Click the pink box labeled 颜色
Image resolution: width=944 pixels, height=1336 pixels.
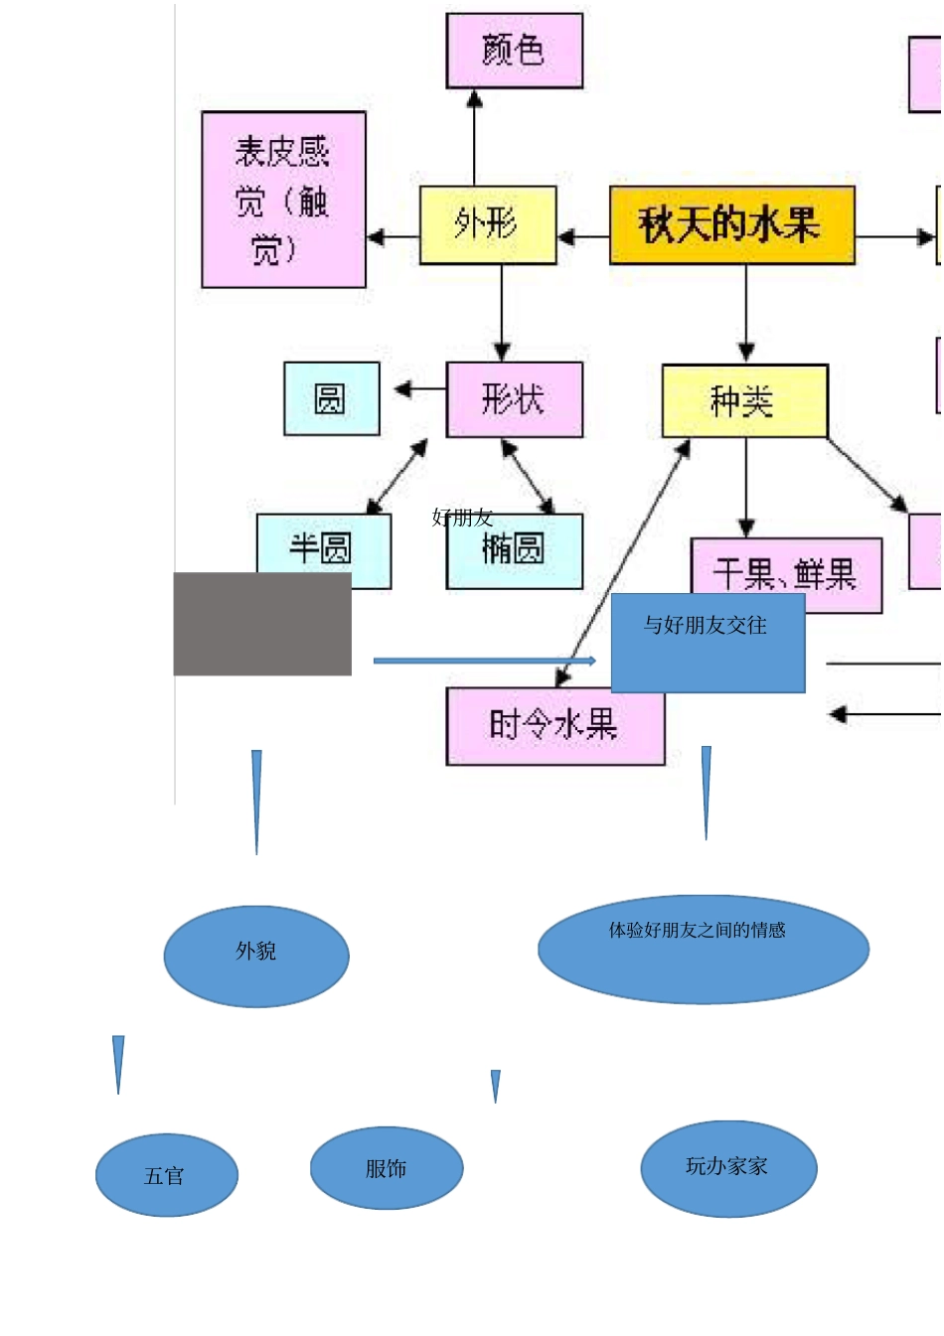514,51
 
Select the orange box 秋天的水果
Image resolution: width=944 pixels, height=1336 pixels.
731,225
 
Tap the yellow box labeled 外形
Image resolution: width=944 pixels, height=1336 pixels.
487,225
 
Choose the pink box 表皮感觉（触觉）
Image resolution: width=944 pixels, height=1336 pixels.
283,200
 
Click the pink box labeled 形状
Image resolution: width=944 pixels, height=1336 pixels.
514,399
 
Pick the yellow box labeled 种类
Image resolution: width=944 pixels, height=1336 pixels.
744,401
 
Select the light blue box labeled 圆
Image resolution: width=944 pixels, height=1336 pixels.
331,399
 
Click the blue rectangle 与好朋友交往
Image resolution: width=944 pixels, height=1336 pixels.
707,643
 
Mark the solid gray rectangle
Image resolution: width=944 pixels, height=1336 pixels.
262,624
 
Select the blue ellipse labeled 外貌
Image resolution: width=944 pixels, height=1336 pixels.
256,956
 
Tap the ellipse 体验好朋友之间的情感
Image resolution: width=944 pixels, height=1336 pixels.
703,949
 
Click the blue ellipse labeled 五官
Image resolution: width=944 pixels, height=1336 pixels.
166,1175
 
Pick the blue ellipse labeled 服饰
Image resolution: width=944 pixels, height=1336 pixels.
386,1168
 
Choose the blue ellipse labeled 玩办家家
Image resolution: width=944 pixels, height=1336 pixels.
727,1168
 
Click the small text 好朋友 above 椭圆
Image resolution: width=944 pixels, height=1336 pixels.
462,518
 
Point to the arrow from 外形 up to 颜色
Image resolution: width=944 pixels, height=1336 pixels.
474,139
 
